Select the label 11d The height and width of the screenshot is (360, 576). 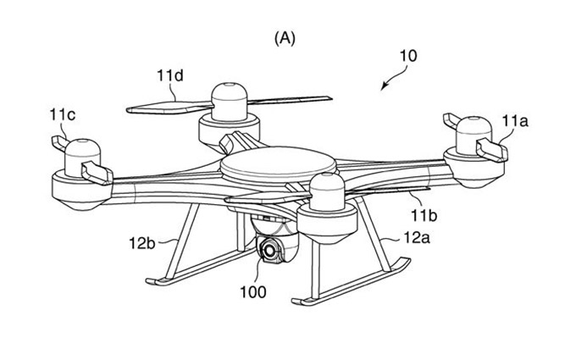(x=169, y=76)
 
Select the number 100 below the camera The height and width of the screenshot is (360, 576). (x=253, y=294)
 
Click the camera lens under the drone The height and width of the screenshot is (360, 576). (x=271, y=251)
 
